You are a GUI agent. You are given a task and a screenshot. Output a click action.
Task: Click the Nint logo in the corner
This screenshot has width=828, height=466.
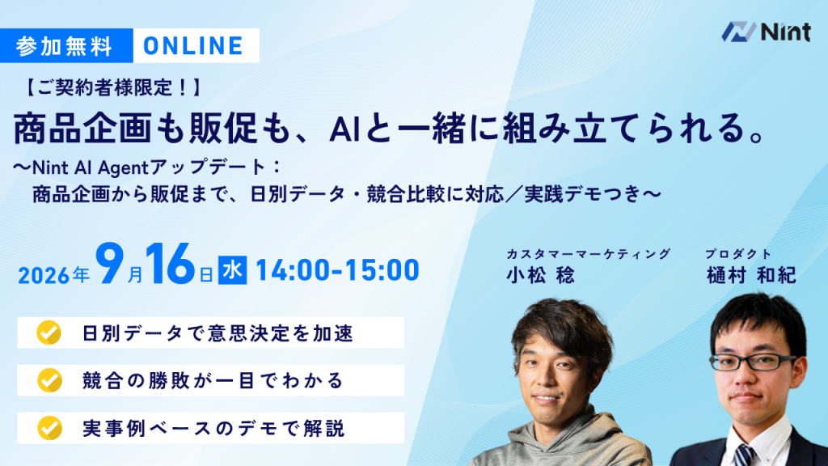pos(766,32)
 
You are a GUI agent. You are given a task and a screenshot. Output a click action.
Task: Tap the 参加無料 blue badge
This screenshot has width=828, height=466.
pos(66,46)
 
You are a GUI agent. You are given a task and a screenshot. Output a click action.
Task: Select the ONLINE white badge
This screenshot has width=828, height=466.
pos(196,46)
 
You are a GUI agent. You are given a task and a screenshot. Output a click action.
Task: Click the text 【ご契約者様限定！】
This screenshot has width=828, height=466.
pos(113,87)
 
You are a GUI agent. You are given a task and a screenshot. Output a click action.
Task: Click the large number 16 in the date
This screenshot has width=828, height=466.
pos(170,265)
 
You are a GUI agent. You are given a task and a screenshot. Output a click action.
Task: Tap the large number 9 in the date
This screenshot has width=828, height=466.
pos(109,265)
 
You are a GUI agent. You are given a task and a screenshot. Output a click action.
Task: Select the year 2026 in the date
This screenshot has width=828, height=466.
pos(44,275)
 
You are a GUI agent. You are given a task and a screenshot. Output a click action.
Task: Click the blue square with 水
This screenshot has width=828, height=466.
pos(232,270)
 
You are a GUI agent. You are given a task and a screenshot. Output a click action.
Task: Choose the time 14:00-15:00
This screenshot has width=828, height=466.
pos(337,270)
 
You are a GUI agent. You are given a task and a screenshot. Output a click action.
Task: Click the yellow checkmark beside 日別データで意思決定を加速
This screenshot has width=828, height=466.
pos(49,333)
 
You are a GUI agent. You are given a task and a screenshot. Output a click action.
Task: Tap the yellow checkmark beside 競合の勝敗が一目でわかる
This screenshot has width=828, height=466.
pos(49,380)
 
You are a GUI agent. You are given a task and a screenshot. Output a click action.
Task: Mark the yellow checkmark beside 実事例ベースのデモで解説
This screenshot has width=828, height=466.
pos(49,428)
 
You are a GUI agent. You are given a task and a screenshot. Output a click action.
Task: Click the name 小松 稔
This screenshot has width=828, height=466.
pos(540,275)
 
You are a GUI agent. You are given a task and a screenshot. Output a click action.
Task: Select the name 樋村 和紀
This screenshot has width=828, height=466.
pos(751,275)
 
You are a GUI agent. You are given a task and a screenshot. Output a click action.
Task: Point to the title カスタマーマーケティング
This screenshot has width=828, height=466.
pos(589,254)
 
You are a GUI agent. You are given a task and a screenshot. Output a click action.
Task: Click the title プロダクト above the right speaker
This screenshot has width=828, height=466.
pos(738,254)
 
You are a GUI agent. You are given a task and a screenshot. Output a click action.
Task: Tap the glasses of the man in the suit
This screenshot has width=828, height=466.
pos(753,362)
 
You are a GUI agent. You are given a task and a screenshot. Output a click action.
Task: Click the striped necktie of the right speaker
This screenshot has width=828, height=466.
pos(745,455)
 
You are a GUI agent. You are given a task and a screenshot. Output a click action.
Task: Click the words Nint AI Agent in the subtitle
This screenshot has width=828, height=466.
pos(91,168)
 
